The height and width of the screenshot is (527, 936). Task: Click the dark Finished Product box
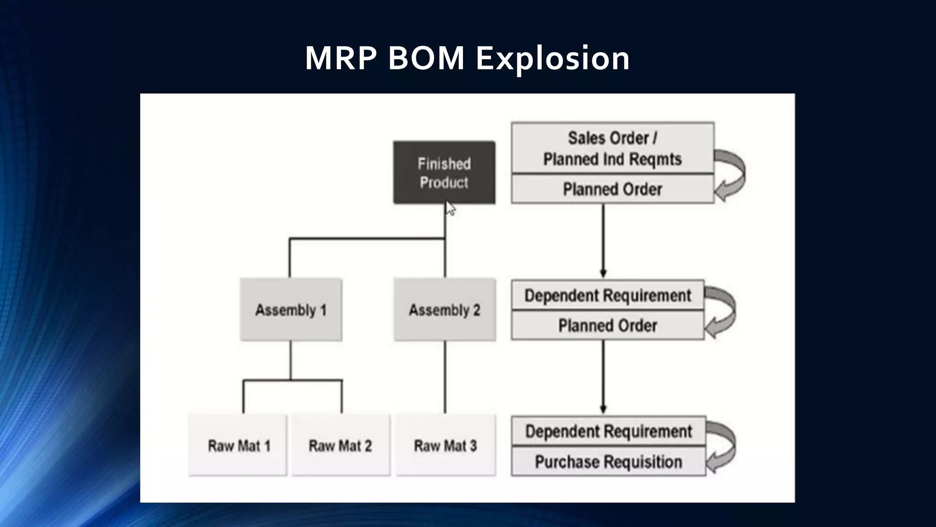click(x=444, y=172)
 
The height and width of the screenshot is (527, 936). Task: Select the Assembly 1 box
click(x=291, y=310)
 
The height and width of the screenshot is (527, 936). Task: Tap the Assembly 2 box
click(x=444, y=310)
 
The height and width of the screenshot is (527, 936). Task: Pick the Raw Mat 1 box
click(x=238, y=445)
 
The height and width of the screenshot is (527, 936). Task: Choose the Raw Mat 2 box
click(x=340, y=445)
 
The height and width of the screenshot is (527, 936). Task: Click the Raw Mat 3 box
click(x=446, y=445)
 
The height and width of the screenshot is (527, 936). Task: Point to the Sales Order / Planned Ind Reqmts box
click(x=612, y=148)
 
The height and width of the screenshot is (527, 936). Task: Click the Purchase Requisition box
click(x=608, y=462)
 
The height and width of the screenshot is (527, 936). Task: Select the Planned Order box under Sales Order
click(x=612, y=189)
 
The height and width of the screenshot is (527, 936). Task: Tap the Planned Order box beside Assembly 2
click(x=607, y=325)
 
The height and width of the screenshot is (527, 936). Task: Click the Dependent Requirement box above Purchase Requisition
click(x=608, y=431)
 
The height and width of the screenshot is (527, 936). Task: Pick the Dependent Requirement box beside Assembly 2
click(x=607, y=295)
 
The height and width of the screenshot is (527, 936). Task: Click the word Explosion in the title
click(x=553, y=59)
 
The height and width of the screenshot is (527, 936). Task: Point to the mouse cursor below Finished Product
click(x=450, y=209)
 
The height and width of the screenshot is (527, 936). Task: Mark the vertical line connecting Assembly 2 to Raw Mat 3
click(x=445, y=377)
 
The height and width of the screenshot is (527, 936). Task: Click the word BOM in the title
click(x=426, y=59)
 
